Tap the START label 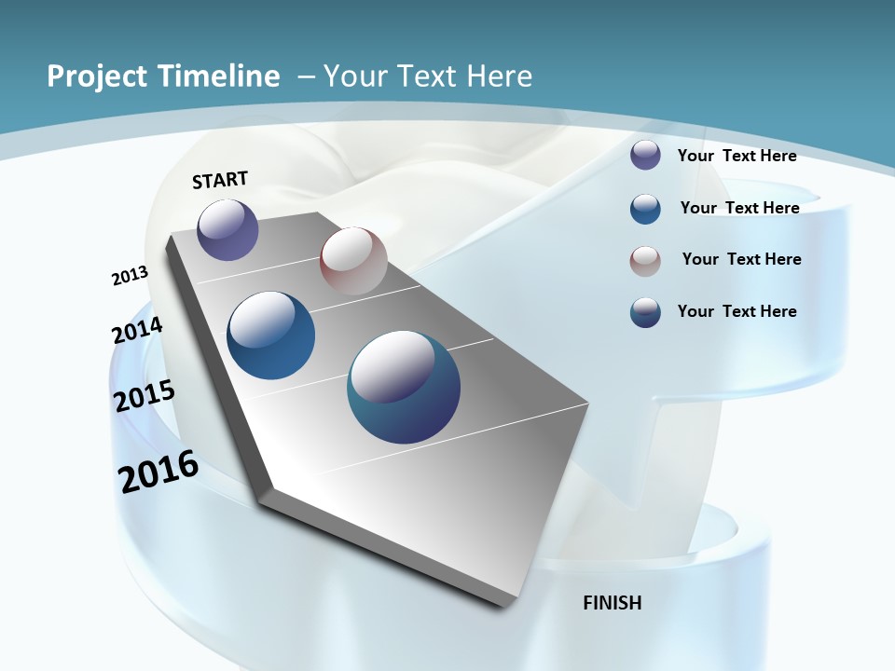coord(220,180)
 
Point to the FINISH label coord(613,603)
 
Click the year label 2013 coord(131,276)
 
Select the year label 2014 coord(137,331)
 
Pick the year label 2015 coord(145,396)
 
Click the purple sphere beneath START coord(227,229)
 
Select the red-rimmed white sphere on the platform coord(353,260)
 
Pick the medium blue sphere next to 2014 coord(271,335)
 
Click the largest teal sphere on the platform coord(404,387)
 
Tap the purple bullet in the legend coord(645,156)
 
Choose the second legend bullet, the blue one coord(645,209)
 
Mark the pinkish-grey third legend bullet coord(645,261)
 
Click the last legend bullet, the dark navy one coord(645,312)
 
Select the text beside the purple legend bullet coord(737,156)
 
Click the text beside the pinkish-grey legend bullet coord(741,259)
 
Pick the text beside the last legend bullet coord(737,311)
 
